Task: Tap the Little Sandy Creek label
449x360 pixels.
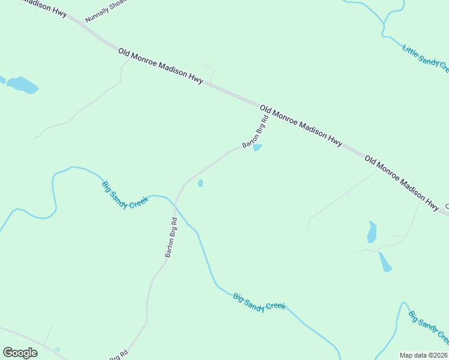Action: coord(426,59)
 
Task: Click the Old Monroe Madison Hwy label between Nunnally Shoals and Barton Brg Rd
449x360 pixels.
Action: coord(161,67)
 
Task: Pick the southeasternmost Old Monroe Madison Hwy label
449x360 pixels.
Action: coord(402,184)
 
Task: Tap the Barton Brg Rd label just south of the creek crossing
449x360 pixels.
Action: coord(172,237)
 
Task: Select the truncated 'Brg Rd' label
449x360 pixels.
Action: coord(119,355)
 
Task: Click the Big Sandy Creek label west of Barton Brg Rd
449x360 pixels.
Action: coord(124,195)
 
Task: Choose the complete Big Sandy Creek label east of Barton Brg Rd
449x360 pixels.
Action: coord(259,301)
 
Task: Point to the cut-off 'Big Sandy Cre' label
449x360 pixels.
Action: coord(429,328)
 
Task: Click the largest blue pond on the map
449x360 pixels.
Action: coord(23,85)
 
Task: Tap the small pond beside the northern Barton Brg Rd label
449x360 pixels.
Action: coord(258,148)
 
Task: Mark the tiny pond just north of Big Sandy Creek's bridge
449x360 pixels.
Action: coord(200,183)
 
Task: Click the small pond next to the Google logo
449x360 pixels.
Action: coord(57,349)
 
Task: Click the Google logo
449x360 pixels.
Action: coord(20,353)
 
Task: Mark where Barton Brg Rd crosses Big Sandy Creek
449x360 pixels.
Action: coord(175,206)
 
